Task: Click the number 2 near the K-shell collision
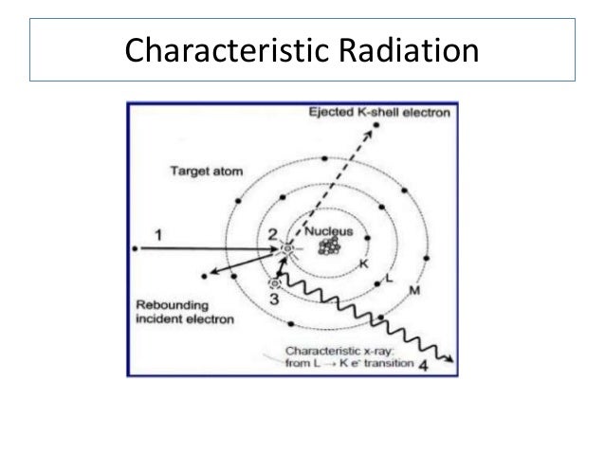click(x=271, y=233)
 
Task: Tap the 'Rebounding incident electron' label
click(x=180, y=312)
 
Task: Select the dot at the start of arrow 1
click(x=139, y=248)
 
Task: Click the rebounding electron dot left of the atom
click(x=205, y=276)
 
